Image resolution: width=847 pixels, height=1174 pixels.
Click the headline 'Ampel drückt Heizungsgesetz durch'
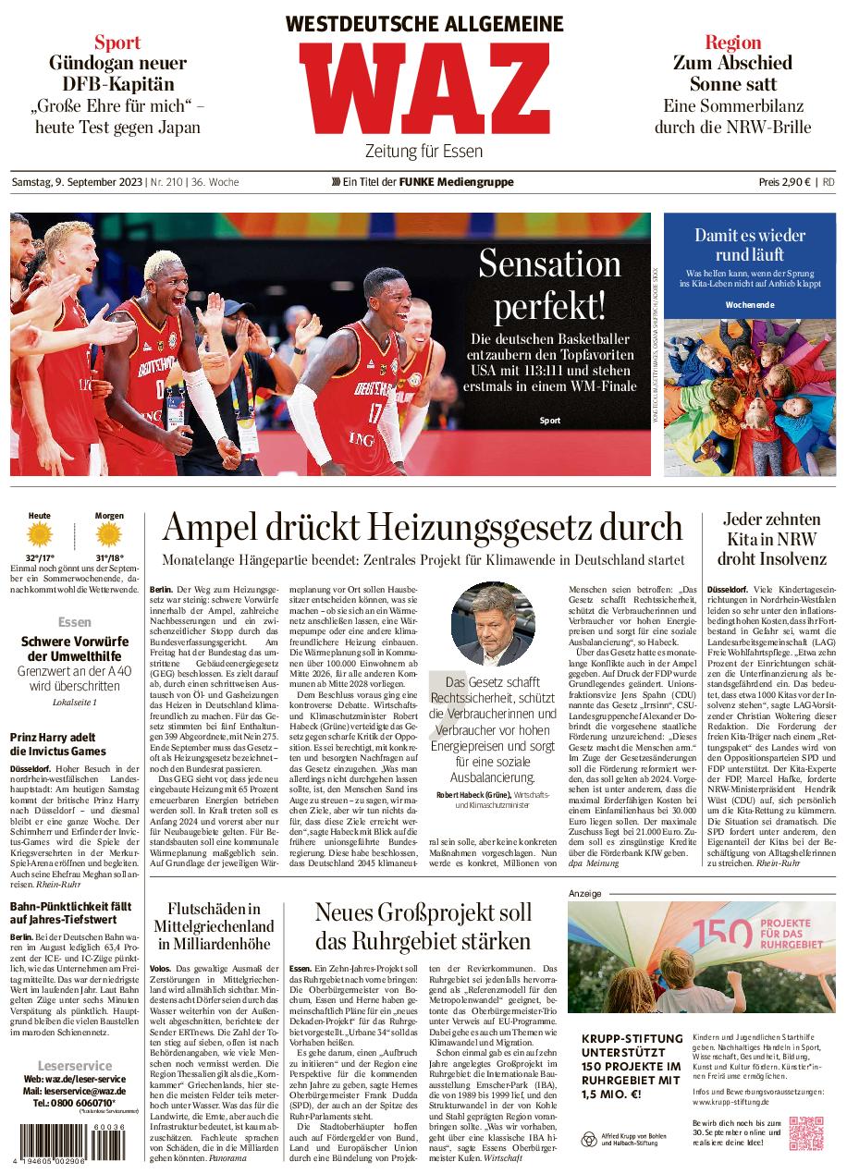tap(423, 528)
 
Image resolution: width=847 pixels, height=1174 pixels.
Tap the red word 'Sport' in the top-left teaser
tap(117, 42)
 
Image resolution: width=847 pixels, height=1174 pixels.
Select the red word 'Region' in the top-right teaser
tap(732, 42)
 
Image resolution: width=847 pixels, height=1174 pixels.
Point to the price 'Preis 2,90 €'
tap(784, 182)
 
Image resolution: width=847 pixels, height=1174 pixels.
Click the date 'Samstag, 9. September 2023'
tap(77, 182)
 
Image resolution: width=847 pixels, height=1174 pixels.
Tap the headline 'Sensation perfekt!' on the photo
tap(549, 284)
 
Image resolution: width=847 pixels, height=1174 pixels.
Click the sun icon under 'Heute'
tap(40, 535)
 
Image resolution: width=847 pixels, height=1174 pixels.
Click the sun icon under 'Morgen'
tap(109, 535)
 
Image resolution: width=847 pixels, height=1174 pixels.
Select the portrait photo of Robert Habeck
tap(493, 624)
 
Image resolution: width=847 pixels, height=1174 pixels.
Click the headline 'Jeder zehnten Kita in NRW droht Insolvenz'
tap(773, 539)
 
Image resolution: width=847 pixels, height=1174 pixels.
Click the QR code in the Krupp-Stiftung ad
tap(806, 1134)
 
